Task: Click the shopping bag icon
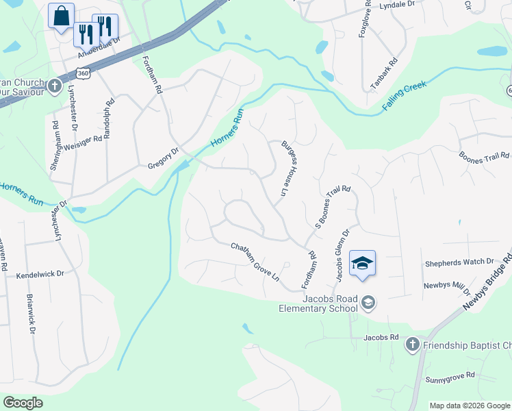61,16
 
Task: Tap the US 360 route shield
83,72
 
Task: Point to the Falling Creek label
405,97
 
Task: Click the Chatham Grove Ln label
255,262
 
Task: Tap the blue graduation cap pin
363,263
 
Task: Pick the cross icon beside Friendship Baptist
412,344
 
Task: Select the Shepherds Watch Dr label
459,262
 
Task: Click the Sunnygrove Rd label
450,376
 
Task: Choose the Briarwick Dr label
31,314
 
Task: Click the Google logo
23,403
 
